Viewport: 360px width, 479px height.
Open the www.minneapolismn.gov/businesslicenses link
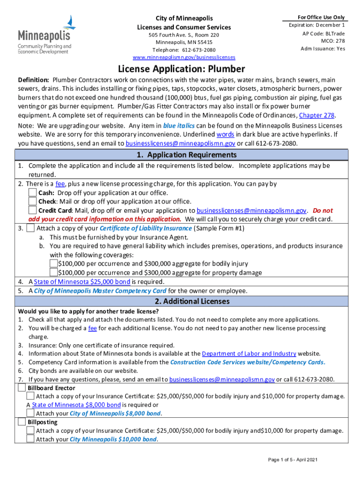(184, 58)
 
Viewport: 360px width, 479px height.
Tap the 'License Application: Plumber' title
(181, 69)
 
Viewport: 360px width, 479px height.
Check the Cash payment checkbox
(32, 193)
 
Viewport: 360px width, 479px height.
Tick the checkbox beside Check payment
(32, 202)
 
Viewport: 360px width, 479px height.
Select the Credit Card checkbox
(32, 210)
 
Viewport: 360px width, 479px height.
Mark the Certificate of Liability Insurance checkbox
(30, 228)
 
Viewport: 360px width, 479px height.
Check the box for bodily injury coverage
(53, 264)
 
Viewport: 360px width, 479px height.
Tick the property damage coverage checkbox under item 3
(53, 273)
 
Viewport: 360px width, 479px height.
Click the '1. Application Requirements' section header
(181, 155)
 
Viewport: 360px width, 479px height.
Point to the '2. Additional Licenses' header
(181, 302)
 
